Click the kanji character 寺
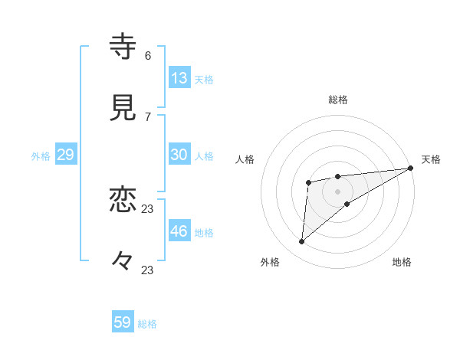pyautogui.click(x=123, y=47)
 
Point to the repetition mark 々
pyautogui.click(x=123, y=261)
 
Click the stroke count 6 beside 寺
pyautogui.click(x=148, y=55)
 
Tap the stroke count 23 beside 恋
pyautogui.click(x=148, y=208)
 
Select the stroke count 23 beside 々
pyautogui.click(x=148, y=270)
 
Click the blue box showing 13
pyautogui.click(x=179, y=78)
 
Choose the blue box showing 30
pyautogui.click(x=179, y=155)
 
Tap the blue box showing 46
pyautogui.click(x=179, y=231)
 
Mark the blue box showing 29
pyautogui.click(x=65, y=155)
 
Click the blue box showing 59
pyautogui.click(x=123, y=322)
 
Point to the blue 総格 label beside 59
pyautogui.click(x=147, y=324)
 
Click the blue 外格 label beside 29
pyautogui.click(x=41, y=156)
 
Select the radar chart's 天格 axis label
pyautogui.click(x=431, y=159)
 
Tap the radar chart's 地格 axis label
pyautogui.click(x=402, y=262)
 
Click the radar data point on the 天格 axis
pyautogui.click(x=412, y=168)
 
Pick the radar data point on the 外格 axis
pyautogui.click(x=302, y=242)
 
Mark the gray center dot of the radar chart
pyautogui.click(x=337, y=190)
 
